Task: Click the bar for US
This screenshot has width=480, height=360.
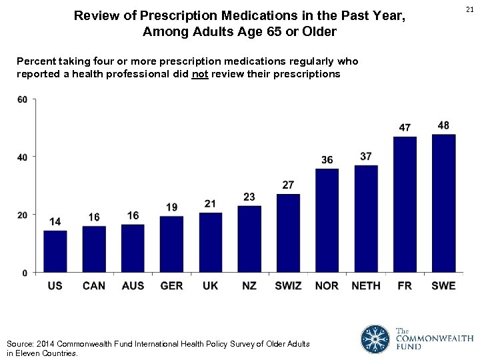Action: (x=55, y=251)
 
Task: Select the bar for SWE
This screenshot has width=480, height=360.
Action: (x=443, y=203)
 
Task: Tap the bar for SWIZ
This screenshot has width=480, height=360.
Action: (x=288, y=233)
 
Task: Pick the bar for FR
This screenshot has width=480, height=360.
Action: (x=405, y=205)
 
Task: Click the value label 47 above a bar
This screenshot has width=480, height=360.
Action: (x=405, y=127)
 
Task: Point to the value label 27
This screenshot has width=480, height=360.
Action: (x=288, y=185)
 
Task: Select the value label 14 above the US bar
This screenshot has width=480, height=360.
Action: (x=55, y=221)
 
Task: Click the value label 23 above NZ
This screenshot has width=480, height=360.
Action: (x=249, y=197)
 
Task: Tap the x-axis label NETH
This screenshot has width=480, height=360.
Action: (x=366, y=285)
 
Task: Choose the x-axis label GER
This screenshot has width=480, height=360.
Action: (x=171, y=285)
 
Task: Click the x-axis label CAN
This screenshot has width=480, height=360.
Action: (x=94, y=285)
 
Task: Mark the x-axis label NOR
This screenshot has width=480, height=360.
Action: (x=327, y=285)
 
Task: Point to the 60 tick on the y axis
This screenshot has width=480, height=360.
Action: (x=22, y=100)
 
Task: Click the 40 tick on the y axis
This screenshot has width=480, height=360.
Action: (x=22, y=157)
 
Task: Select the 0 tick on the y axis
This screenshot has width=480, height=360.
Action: (x=25, y=273)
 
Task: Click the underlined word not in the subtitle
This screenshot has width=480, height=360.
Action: (x=199, y=74)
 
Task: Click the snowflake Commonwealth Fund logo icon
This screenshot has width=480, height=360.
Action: (x=375, y=339)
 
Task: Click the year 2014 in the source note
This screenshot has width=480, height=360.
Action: (x=44, y=344)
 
